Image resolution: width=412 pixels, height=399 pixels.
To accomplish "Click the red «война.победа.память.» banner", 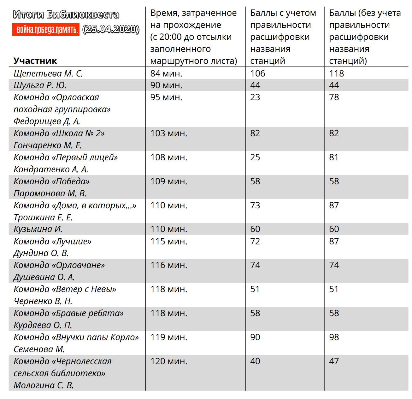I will (x=46, y=29).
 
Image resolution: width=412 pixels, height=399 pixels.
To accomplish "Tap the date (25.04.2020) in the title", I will (x=111, y=29).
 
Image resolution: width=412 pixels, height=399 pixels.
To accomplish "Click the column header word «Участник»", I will (x=35, y=61).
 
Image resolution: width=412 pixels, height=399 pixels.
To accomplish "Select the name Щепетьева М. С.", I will (x=48, y=73).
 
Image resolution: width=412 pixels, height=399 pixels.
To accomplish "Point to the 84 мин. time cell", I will (x=166, y=73).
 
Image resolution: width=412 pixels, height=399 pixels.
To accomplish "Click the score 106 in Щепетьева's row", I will (x=257, y=73).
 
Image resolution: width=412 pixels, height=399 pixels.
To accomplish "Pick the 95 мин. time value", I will (x=166, y=97).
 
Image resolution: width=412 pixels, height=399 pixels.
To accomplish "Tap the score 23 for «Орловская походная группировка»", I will (x=255, y=97).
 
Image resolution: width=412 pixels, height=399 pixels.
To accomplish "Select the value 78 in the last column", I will (x=334, y=97).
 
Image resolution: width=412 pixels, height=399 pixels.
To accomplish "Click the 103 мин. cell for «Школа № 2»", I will (x=169, y=133).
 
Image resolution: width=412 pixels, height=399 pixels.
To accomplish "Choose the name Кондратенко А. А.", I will (x=51, y=169).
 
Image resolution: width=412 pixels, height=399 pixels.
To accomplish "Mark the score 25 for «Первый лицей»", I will (x=255, y=157).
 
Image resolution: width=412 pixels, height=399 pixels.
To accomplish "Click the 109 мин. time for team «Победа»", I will (x=169, y=181).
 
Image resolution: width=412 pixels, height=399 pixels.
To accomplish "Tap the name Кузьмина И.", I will (x=38, y=229).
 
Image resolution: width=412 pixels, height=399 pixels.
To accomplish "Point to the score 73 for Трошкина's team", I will (x=255, y=205).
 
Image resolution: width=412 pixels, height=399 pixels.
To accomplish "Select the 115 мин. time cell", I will (x=169, y=241).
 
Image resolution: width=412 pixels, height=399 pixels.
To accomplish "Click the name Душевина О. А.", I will (x=44, y=277).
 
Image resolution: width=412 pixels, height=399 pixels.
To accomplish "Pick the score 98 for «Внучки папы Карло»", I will (x=334, y=337).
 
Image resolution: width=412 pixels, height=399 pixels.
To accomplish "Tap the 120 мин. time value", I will (x=169, y=361).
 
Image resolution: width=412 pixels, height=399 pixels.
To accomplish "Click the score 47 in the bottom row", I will (x=334, y=361).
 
